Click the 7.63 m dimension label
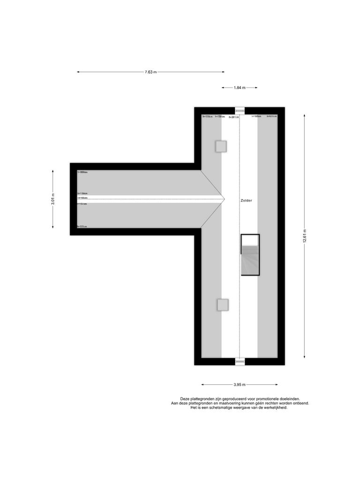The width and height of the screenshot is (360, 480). click(x=150, y=72)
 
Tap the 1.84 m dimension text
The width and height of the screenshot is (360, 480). click(x=240, y=88)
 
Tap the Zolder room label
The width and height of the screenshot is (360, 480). click(x=246, y=200)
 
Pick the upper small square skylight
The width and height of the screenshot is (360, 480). click(x=221, y=146)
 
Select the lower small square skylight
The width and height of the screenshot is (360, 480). click(x=223, y=305)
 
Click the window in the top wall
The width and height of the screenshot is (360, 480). click(x=240, y=111)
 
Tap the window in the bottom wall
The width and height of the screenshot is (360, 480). click(x=240, y=361)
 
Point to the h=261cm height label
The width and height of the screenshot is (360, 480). click(x=233, y=117)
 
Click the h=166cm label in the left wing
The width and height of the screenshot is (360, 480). click(x=82, y=198)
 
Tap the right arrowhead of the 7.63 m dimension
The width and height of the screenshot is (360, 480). click(x=223, y=72)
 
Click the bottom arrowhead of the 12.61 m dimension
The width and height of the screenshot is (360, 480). click(x=305, y=357)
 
